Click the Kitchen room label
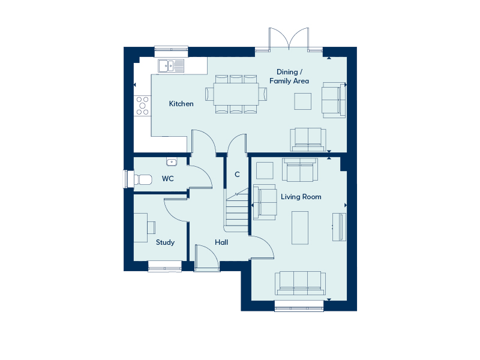point(181,104)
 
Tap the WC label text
point(168,179)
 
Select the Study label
point(165,242)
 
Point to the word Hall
point(221,242)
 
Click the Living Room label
point(301,197)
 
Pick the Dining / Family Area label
point(289,76)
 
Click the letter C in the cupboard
point(237,175)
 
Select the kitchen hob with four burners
point(142,106)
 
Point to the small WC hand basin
point(172,161)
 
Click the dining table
point(232,94)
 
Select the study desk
point(142,227)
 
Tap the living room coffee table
point(300,227)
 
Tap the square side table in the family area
point(303,101)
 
